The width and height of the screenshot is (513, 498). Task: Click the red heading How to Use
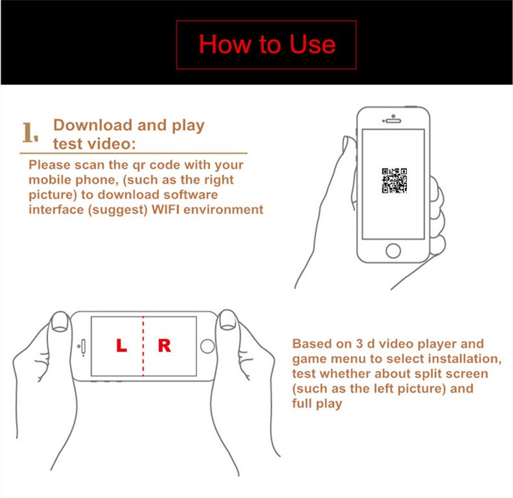tap(267, 45)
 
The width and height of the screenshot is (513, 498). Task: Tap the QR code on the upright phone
tap(394, 181)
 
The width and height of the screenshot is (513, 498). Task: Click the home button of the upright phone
tap(393, 251)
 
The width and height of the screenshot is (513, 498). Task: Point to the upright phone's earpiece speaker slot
tap(393, 121)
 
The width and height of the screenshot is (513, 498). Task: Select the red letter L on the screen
tap(121, 345)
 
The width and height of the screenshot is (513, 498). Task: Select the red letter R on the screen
tap(164, 345)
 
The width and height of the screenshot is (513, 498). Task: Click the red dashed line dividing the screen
tap(143, 346)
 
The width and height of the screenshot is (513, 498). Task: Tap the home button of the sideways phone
tap(207, 347)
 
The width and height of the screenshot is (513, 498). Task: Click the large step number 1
tap(30, 132)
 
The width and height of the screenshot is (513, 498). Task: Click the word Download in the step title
tap(92, 125)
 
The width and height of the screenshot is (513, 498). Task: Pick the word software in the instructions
tap(190, 195)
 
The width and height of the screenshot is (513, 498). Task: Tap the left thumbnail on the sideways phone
tap(60, 322)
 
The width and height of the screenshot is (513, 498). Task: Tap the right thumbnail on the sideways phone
tap(228, 319)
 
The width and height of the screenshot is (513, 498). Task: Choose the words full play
tap(317, 403)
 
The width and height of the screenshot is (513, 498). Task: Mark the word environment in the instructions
tap(223, 210)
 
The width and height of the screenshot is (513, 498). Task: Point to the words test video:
tap(94, 144)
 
